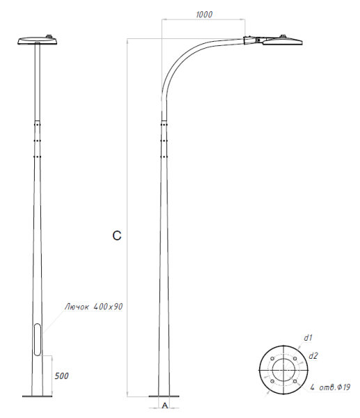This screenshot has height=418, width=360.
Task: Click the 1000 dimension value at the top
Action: click(x=204, y=14)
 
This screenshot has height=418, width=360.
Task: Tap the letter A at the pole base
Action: click(x=164, y=405)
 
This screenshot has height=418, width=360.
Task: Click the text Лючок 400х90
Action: click(x=93, y=306)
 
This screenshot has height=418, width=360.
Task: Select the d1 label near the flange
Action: click(x=308, y=337)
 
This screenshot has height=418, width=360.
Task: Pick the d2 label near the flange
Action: click(x=314, y=355)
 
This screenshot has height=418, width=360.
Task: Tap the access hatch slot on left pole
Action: click(x=37, y=341)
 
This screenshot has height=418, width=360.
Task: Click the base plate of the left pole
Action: click(x=36, y=396)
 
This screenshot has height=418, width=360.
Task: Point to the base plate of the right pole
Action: click(x=163, y=396)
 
